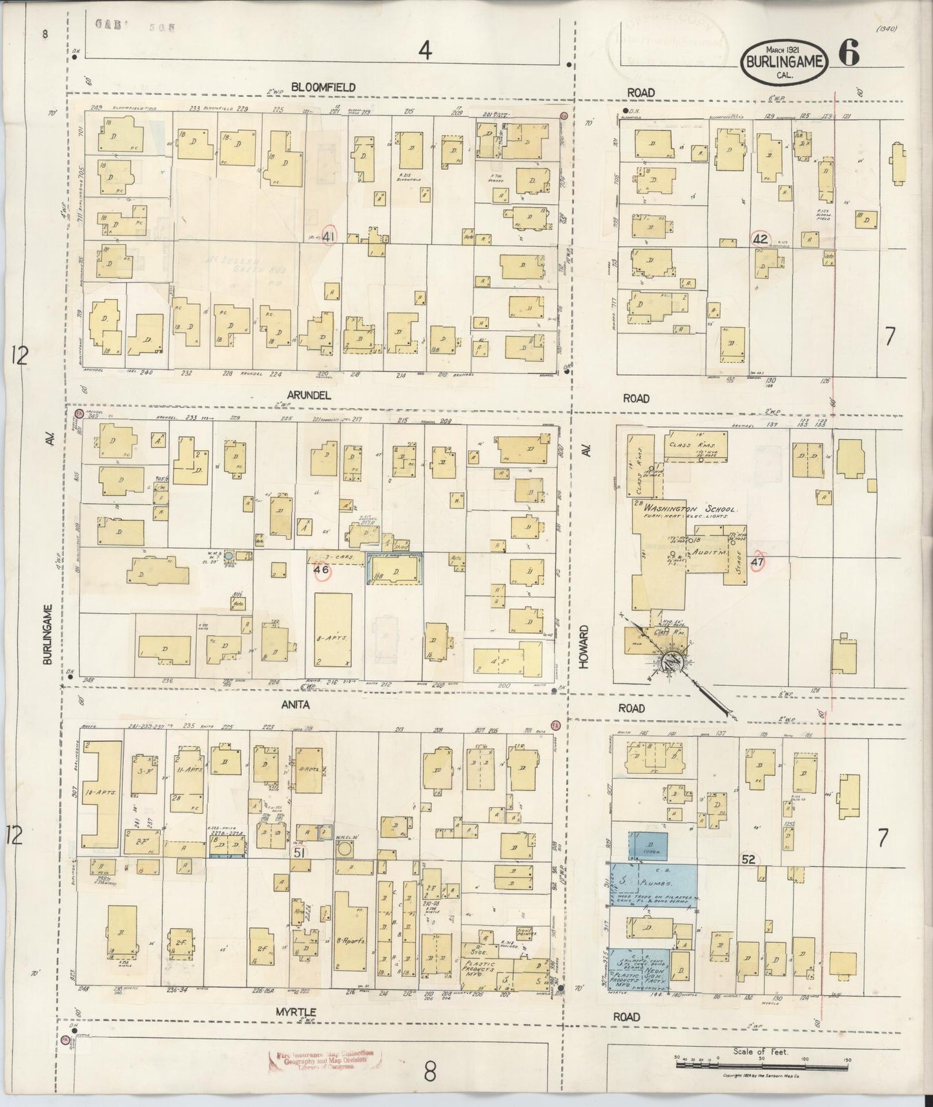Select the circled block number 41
[x=329, y=236]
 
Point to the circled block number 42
[x=760, y=238]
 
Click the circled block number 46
[x=321, y=570]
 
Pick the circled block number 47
[x=757, y=561]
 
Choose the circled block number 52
[x=749, y=859]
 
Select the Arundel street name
[x=309, y=396]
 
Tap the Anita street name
[x=296, y=705]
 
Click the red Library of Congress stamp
[x=324, y=1060]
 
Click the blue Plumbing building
[x=652, y=882]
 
